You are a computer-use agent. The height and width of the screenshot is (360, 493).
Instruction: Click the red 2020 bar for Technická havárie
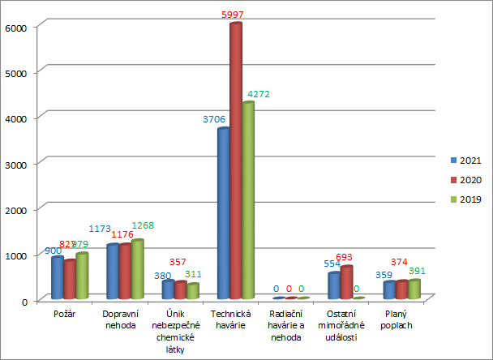click(x=236, y=162)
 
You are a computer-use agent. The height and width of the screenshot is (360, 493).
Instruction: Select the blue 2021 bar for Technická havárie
click(x=223, y=214)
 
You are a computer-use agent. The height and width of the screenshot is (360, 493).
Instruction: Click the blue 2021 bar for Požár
click(x=58, y=278)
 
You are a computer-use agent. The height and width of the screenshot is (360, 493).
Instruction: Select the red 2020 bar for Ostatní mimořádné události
click(x=346, y=283)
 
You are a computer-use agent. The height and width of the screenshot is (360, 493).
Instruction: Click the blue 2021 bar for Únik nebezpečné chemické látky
click(x=168, y=290)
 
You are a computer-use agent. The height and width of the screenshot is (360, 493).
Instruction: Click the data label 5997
click(x=234, y=15)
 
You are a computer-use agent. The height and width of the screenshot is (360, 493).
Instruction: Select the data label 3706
click(x=215, y=119)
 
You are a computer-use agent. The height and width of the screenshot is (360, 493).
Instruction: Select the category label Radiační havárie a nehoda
click(x=289, y=324)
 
